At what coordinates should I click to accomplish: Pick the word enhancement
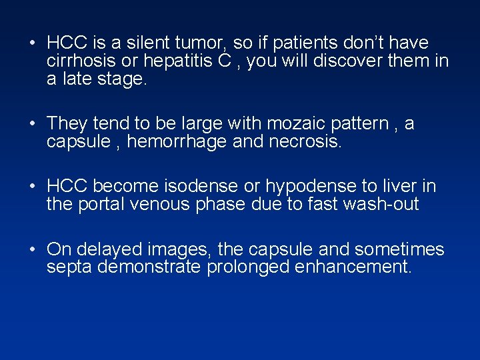[356, 268]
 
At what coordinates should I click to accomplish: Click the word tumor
[195, 43]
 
